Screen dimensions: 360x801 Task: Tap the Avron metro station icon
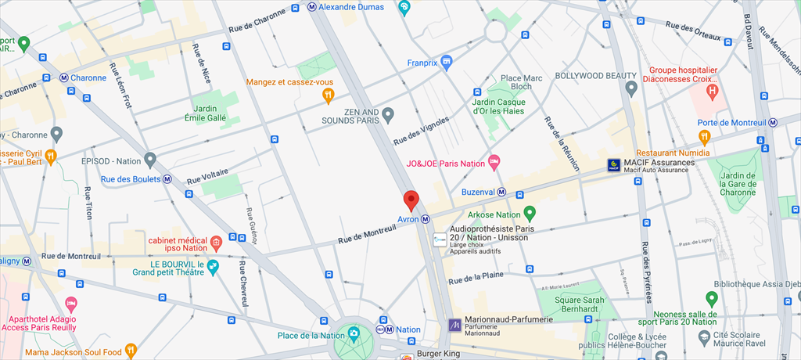(426, 219)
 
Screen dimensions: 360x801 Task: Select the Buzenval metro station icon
(501, 193)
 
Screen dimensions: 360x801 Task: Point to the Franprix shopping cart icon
(447, 62)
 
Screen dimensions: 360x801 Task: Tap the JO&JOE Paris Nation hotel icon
(494, 163)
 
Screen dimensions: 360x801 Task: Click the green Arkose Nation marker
(530, 214)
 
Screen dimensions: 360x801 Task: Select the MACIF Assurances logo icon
(614, 165)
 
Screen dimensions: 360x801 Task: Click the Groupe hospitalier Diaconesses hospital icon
(712, 92)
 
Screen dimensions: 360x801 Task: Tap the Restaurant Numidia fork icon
(704, 138)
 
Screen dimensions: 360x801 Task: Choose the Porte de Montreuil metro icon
(773, 121)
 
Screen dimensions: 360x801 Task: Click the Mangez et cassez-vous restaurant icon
(329, 95)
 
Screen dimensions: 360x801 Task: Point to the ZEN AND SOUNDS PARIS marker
(387, 117)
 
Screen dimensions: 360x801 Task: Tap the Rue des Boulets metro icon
(167, 179)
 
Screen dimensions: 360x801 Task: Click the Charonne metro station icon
(64, 77)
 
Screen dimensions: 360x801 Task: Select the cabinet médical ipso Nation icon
(216, 243)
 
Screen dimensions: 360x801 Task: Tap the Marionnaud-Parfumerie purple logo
(454, 324)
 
